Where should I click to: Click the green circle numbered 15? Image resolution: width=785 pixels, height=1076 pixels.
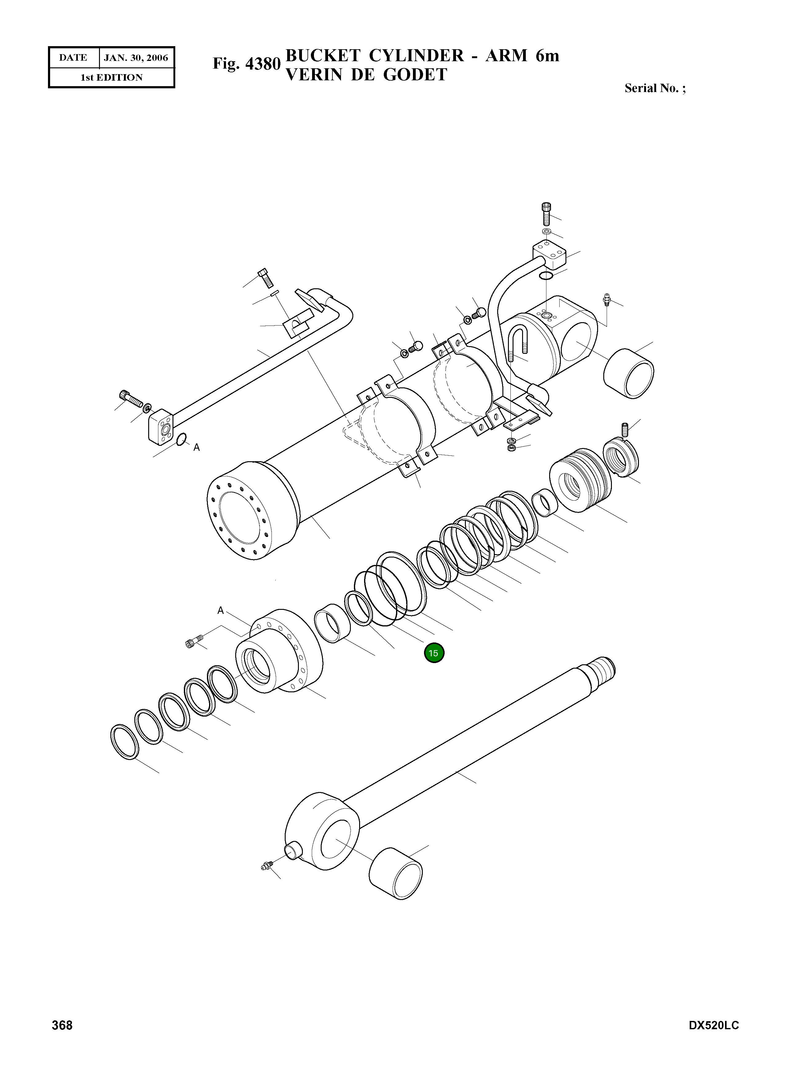click(x=433, y=653)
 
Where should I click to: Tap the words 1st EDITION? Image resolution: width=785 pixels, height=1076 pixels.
click(x=111, y=78)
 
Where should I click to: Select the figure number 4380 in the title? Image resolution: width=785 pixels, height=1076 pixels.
click(x=263, y=63)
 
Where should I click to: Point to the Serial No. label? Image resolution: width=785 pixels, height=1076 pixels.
click(x=655, y=88)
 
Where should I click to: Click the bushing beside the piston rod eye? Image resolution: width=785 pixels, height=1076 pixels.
click(x=395, y=873)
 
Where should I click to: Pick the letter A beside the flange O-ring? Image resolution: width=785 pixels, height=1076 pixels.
click(x=196, y=447)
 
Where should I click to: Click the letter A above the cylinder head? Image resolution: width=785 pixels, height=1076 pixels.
click(x=220, y=610)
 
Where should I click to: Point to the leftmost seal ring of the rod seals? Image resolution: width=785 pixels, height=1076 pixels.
click(x=125, y=742)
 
